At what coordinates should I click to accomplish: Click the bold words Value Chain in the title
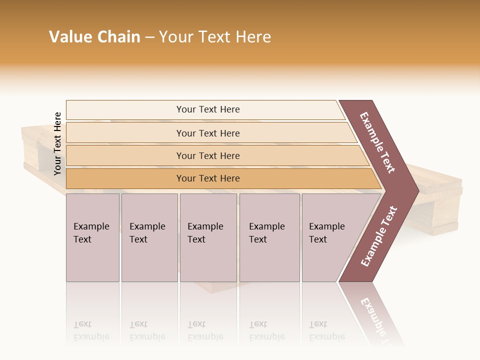(x=94, y=37)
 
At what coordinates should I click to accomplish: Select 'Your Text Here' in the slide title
(x=215, y=37)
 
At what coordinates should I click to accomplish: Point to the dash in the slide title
(x=149, y=37)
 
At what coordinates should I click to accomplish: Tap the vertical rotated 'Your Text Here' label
(x=57, y=143)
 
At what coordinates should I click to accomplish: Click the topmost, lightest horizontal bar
(x=207, y=109)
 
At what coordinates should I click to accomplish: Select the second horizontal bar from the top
(x=207, y=133)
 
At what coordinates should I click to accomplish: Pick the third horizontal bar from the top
(x=207, y=155)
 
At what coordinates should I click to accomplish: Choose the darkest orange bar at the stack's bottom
(x=207, y=178)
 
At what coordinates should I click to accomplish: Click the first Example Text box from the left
(x=92, y=237)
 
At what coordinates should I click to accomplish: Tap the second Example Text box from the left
(x=149, y=237)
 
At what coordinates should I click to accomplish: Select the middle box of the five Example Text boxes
(x=208, y=237)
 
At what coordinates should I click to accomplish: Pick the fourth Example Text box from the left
(x=269, y=237)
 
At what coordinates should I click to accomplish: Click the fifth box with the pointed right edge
(x=332, y=237)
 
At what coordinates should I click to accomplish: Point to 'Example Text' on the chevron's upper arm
(x=377, y=142)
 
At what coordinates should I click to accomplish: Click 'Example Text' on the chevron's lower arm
(x=378, y=236)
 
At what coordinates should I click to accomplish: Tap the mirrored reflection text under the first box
(x=91, y=330)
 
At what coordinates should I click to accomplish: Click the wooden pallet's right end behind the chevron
(x=440, y=205)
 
